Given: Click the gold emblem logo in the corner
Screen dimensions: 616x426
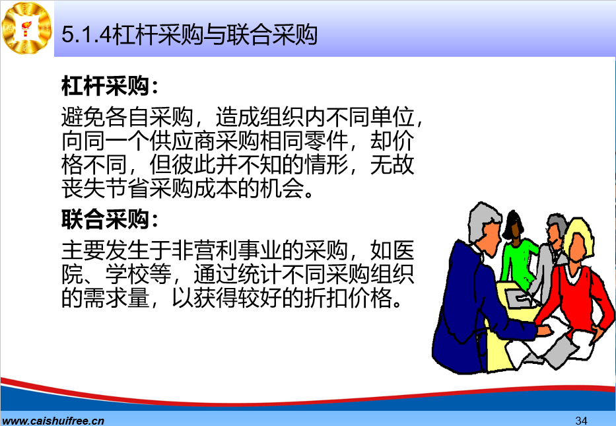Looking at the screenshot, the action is click(x=26, y=28).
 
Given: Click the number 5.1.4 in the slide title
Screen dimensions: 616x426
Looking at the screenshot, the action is click(x=86, y=34).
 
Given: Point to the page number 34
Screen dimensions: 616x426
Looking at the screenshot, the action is click(x=582, y=420).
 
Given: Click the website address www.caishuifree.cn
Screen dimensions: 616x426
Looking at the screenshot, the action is click(x=53, y=421).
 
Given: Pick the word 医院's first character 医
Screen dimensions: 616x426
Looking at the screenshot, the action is click(x=403, y=250).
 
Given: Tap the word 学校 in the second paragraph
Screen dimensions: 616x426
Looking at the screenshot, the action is click(x=127, y=274).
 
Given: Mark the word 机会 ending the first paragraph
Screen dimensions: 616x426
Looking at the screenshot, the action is click(x=282, y=188).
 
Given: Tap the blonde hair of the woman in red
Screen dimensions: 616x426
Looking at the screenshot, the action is click(x=580, y=235).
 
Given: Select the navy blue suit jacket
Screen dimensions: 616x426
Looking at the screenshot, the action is click(x=467, y=310).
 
